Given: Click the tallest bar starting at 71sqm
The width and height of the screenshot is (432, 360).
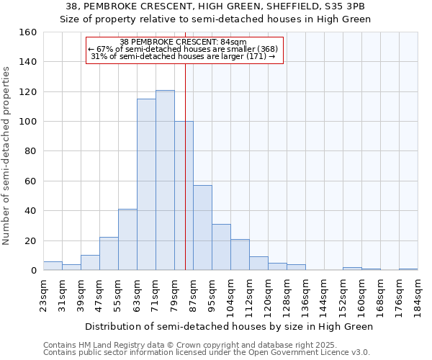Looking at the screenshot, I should (165, 180).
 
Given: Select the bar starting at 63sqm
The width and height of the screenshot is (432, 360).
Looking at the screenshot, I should (146, 184).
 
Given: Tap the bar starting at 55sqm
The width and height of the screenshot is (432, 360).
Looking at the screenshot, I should (127, 240).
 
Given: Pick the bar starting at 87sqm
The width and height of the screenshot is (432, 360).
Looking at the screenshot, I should (202, 228).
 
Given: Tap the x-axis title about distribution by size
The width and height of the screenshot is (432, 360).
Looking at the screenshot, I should (230, 327).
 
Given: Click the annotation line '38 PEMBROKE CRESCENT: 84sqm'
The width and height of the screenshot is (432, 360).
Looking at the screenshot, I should (184, 42).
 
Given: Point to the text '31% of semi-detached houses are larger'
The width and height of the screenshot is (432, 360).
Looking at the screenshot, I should (180, 57).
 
